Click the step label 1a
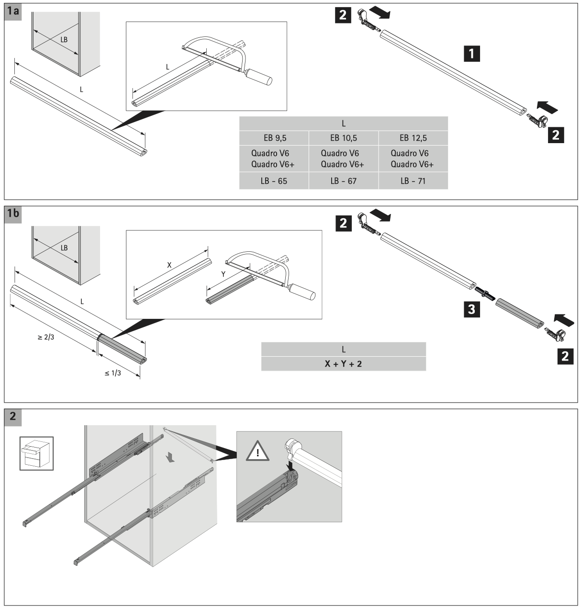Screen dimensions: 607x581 point(13,11)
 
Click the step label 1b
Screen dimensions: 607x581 point(13,213)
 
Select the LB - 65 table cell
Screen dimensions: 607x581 point(273,181)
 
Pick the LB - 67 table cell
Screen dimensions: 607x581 point(343,181)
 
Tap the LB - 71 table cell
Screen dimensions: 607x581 point(413,181)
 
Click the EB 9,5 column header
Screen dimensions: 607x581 point(273,138)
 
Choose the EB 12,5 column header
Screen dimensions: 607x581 point(413,138)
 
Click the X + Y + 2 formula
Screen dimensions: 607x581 point(343,364)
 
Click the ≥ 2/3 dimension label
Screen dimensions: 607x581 point(46,337)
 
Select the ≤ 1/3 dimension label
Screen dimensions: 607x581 point(112,373)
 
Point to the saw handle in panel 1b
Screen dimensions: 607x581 point(302,291)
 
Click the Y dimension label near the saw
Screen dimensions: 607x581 point(223,274)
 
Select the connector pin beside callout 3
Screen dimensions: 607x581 point(485,293)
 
